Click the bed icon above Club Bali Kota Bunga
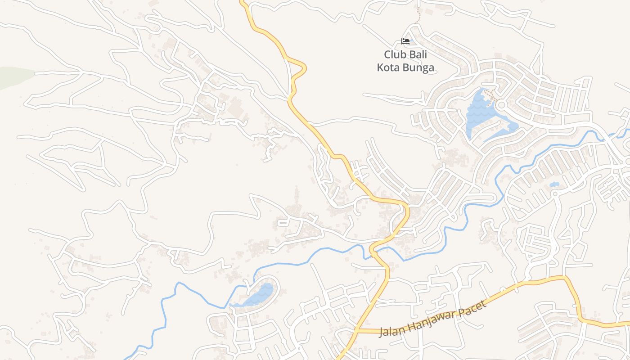tap(405, 41)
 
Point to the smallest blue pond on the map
tap(554, 184)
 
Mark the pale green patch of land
tap(13, 76)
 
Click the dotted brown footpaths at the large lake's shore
tap(491, 95)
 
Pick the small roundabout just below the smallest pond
tap(555, 193)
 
